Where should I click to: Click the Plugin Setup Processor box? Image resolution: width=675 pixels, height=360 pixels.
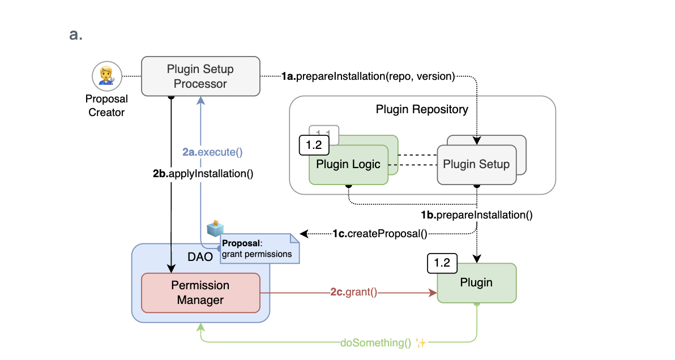200,76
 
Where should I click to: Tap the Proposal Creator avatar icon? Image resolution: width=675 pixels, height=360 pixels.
106,75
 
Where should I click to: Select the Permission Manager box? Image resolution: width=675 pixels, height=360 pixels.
200,293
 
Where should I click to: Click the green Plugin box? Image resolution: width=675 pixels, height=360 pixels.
476,282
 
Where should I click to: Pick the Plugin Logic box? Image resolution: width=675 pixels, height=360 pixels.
348,165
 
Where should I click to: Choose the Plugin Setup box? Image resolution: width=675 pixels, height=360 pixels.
476,165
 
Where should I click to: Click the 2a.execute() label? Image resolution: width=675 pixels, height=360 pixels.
212,152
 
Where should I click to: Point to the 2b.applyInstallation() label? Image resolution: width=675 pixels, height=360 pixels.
203,174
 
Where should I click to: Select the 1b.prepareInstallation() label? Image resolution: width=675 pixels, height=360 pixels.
476,215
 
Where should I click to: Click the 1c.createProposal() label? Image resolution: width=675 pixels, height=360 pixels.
379,233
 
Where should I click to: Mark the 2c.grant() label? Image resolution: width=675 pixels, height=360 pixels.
354,293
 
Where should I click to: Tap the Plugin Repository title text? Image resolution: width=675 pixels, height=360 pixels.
422,109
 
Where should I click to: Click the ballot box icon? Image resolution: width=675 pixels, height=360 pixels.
215,228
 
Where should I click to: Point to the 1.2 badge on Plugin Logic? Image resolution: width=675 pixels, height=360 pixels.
313,145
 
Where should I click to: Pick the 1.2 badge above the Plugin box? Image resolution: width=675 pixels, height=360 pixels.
442,263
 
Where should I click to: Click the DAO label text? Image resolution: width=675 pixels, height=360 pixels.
200,257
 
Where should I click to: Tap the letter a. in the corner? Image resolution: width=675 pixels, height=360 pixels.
76,35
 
